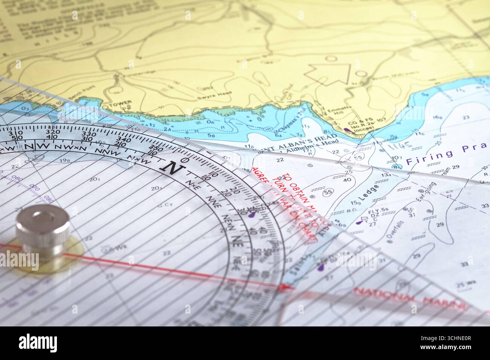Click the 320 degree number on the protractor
pyautogui.click(x=52, y=132)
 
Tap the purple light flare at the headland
pyautogui.click(x=346, y=131)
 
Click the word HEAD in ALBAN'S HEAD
pyautogui.click(x=326, y=137)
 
